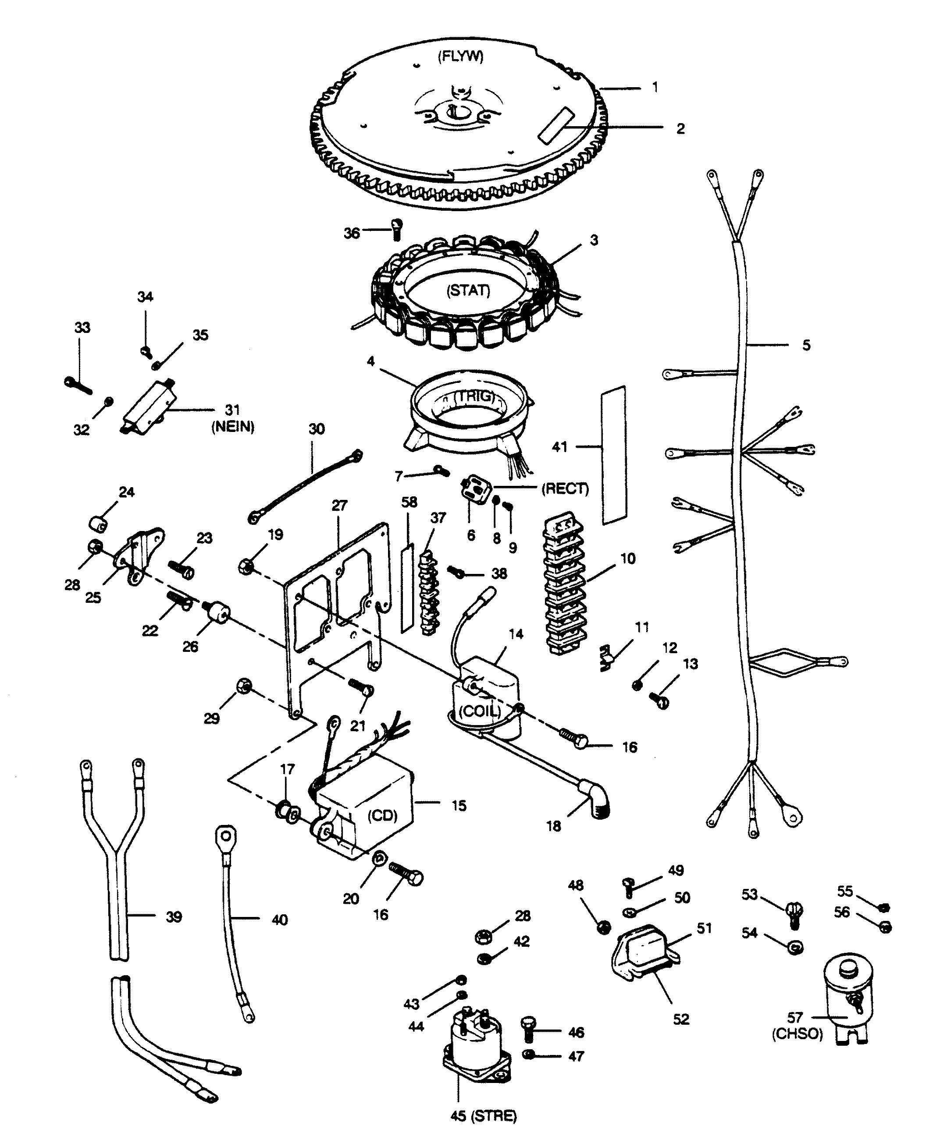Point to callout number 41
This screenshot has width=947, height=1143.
(559, 447)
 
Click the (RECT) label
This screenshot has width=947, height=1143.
(565, 489)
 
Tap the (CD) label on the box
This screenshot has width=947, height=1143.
(382, 815)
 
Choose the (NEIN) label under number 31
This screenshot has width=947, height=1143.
(232, 427)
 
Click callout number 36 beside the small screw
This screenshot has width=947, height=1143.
(352, 233)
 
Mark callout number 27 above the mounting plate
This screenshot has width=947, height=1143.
(339, 505)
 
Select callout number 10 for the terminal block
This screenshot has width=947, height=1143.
(628, 559)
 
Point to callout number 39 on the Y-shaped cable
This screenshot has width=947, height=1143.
(174, 917)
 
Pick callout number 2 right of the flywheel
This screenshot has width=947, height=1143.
(680, 128)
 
